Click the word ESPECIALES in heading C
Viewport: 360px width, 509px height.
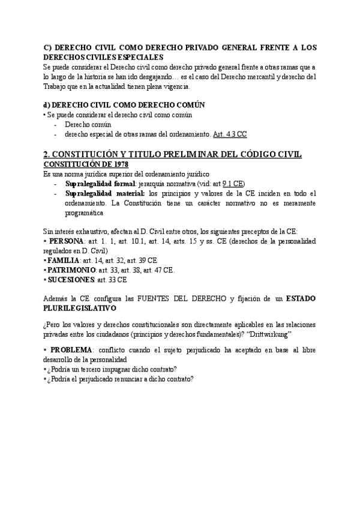pos(137,57)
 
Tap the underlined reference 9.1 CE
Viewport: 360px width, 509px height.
pos(233,183)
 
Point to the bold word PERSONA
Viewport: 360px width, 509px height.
pos(67,241)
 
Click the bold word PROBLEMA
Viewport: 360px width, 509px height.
pos(71,349)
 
